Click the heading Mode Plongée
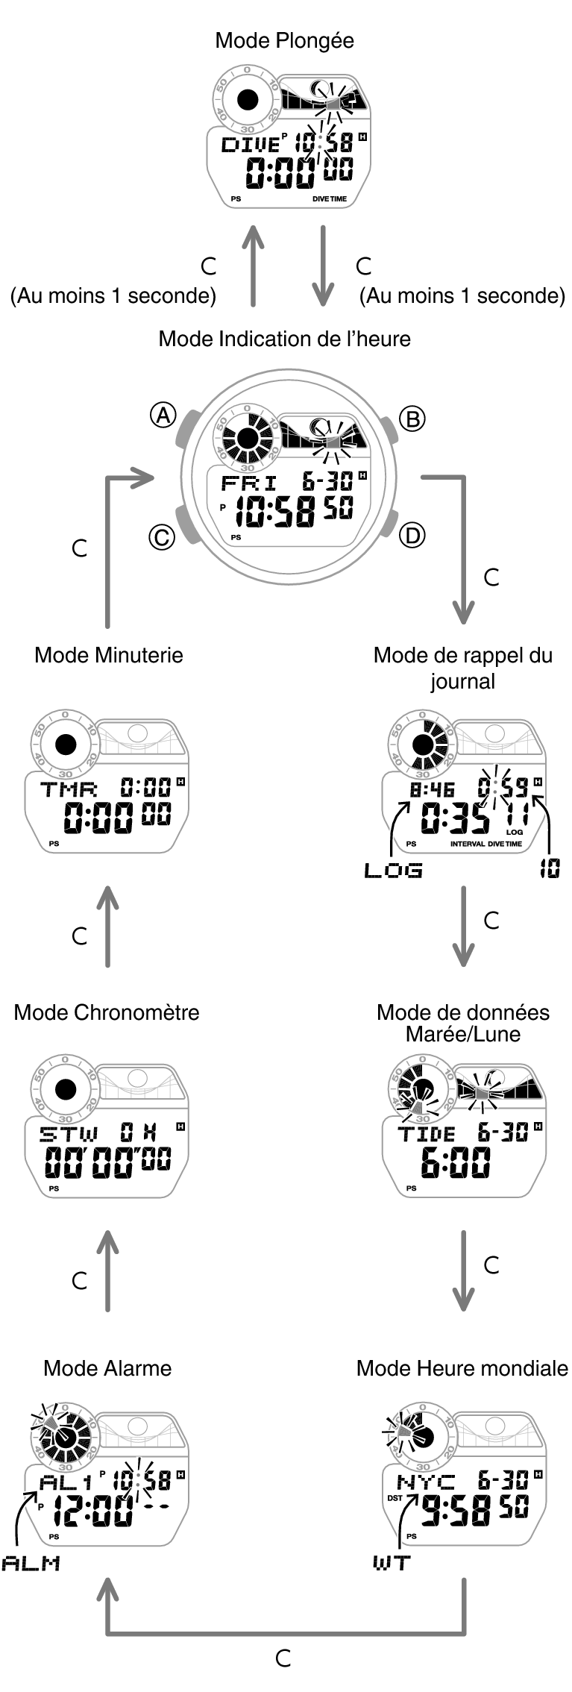[x=284, y=40]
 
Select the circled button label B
[x=412, y=419]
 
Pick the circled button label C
[x=162, y=537]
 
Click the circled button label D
[x=412, y=534]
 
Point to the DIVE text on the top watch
[x=250, y=145]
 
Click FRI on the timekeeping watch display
[x=248, y=483]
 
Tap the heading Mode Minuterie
[x=109, y=655]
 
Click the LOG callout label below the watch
[x=393, y=870]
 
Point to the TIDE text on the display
[x=427, y=1135]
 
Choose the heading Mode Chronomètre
[x=107, y=1012]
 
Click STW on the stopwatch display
[x=69, y=1135]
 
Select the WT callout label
[x=392, y=1563]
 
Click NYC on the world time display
[x=426, y=1482]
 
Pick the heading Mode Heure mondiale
[x=462, y=1368]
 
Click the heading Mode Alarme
[x=107, y=1368]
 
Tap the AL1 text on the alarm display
[x=66, y=1482]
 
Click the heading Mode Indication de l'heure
[x=284, y=339]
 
